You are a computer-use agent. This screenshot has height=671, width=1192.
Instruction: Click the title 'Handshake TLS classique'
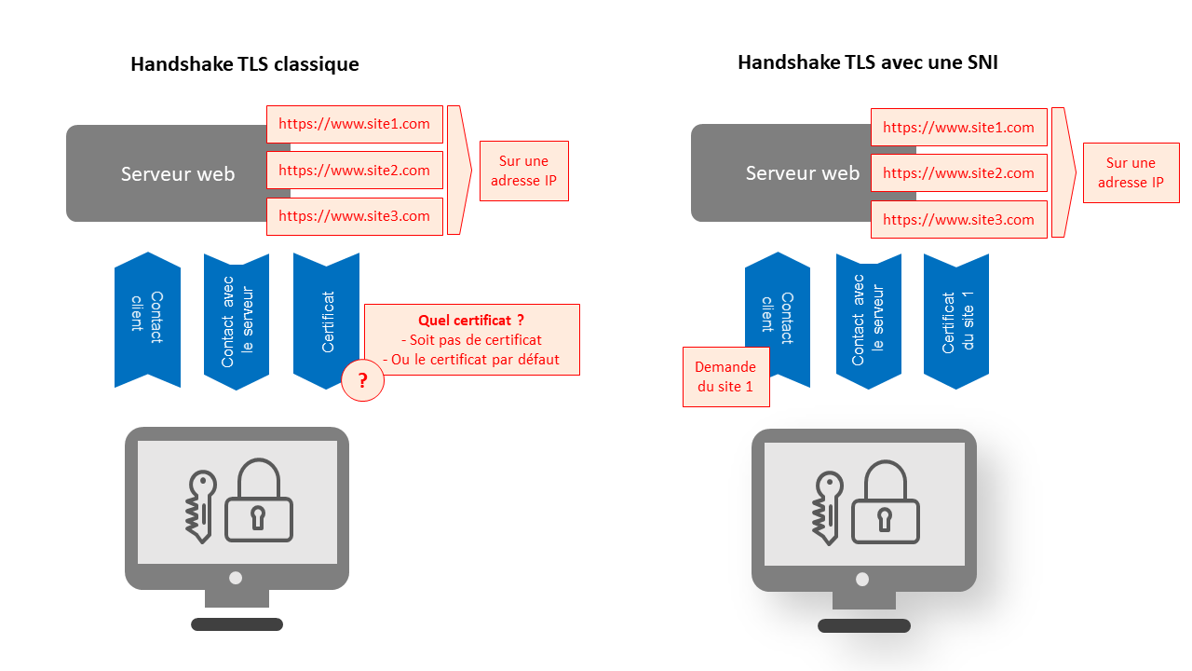click(x=244, y=64)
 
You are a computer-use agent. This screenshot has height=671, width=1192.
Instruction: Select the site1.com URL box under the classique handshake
click(x=354, y=124)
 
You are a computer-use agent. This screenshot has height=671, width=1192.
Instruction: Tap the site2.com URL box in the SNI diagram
click(x=958, y=173)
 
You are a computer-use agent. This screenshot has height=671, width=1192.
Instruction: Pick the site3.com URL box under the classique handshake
click(x=354, y=216)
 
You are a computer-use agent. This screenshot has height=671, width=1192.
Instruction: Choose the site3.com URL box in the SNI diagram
click(x=958, y=220)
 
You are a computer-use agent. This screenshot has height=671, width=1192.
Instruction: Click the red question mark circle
click(x=362, y=380)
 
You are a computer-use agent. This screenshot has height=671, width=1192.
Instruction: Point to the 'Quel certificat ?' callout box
click(x=471, y=340)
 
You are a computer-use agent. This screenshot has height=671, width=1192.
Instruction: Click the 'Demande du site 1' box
click(x=725, y=377)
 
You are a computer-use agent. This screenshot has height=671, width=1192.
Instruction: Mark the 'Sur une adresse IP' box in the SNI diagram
click(x=1131, y=172)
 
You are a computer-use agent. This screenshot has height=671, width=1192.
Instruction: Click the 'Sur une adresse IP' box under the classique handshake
click(x=523, y=171)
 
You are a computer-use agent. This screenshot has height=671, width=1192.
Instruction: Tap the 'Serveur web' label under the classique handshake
click(x=177, y=174)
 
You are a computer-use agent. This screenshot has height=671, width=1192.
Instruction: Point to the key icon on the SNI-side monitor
click(x=826, y=508)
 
